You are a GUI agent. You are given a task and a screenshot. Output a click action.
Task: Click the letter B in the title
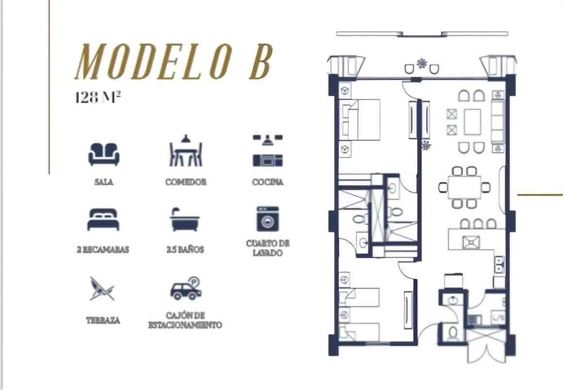coord(259,62)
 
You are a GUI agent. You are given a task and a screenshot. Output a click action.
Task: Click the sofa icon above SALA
coord(104,154)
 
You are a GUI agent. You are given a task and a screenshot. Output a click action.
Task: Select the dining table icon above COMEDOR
coord(185,151)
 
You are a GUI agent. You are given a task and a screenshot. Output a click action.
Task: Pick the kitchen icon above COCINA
coord(267,151)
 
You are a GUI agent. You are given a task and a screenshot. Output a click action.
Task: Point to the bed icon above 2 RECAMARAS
coord(103,219)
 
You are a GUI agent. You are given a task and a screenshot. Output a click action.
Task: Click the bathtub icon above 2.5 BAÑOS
coord(185,219)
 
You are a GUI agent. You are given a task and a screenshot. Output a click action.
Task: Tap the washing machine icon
coord(267,219)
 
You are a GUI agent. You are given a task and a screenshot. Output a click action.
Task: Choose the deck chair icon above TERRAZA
coord(102,289)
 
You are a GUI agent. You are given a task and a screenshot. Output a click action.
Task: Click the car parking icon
coord(185,289)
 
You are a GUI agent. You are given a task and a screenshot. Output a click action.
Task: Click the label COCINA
coord(268,182)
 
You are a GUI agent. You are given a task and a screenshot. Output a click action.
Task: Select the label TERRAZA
coord(103,321)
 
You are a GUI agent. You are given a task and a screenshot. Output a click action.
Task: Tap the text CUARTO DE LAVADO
coord(268,248)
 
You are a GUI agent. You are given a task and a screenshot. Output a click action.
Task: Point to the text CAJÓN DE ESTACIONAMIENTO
coord(185,321)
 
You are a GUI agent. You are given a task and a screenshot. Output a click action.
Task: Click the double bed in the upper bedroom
coord(360,120)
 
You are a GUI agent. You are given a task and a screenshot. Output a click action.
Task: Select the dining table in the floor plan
coord(464,187)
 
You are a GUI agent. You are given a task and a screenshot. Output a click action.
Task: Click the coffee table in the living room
coord(473,122)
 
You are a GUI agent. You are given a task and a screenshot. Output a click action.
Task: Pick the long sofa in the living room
coord(497,122)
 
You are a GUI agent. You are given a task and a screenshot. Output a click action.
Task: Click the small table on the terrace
coord(422,64)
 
